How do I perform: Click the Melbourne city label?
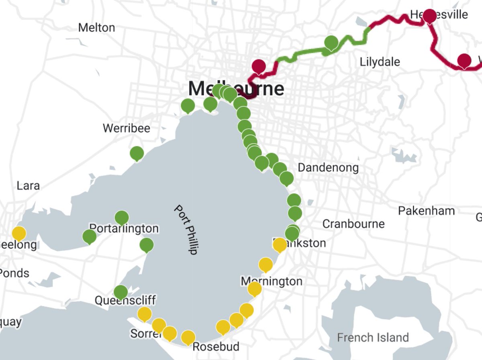coord(236,89)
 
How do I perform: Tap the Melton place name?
coord(96,28)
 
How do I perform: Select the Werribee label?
coord(126,128)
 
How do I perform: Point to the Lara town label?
coord(28,186)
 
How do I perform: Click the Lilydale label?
coord(380,62)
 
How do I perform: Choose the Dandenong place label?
coord(328,168)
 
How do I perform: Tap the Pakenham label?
coord(426,211)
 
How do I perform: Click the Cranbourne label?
coord(353,224)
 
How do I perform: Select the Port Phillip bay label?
coord(186,230)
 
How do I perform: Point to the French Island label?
coord(373,338)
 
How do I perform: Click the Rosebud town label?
coord(216,346)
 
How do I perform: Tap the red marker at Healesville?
coord(429,16)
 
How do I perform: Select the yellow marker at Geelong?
coord(19,233)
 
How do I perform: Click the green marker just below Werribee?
coord(137,153)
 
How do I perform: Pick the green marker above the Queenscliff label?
coord(120,292)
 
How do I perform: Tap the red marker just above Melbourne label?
coord(259,66)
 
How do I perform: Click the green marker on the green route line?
coord(331,42)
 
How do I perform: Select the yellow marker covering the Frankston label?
coord(280,244)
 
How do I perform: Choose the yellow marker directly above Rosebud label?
coord(188,338)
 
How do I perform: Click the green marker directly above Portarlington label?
coord(122,218)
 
